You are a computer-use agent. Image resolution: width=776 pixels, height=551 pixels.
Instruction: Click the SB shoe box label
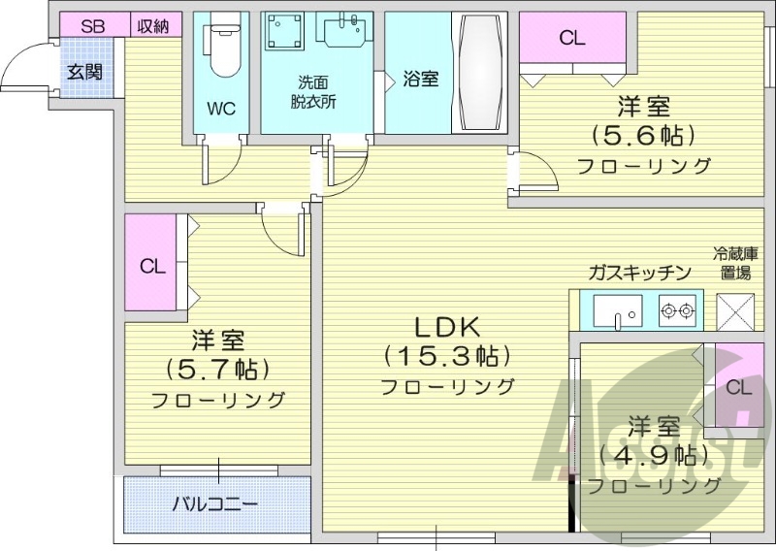(x=92, y=26)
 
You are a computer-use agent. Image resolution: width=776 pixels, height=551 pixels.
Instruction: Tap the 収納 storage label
(x=152, y=26)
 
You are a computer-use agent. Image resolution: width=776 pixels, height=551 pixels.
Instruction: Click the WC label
(x=221, y=109)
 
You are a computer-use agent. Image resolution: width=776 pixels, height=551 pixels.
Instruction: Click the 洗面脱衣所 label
(x=313, y=92)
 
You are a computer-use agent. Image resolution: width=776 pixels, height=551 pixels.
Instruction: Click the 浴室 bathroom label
(x=420, y=80)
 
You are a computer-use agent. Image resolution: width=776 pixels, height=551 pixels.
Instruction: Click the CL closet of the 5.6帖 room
(x=571, y=39)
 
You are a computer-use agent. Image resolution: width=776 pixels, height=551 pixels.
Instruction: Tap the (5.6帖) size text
(x=643, y=134)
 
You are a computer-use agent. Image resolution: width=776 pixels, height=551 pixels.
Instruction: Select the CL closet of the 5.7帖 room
(x=151, y=265)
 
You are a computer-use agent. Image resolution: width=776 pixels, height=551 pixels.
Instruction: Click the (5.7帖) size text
(x=217, y=369)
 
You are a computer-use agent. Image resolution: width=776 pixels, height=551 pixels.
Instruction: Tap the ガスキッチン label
(x=637, y=273)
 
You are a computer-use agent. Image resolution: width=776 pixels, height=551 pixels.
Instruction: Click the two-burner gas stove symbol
(x=677, y=311)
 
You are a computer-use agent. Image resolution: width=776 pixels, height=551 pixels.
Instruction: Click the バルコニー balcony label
(x=215, y=504)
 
